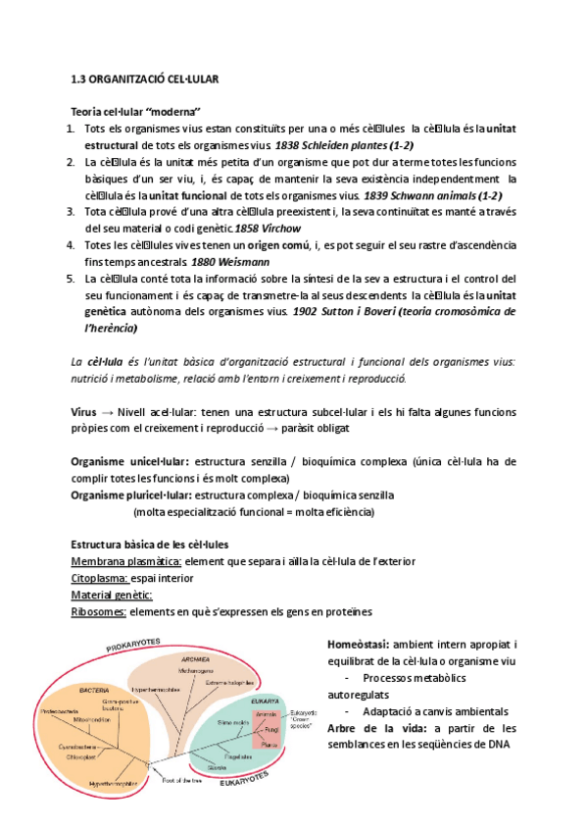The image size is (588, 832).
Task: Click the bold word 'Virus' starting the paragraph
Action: tap(84, 412)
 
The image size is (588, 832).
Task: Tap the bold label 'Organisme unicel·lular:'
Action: tap(130, 462)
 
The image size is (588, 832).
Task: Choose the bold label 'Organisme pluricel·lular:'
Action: tap(132, 495)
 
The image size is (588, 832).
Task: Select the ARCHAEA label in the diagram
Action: tap(196, 659)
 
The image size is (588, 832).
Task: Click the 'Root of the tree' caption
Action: tap(185, 779)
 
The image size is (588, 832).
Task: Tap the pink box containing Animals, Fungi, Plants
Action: tap(268, 729)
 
